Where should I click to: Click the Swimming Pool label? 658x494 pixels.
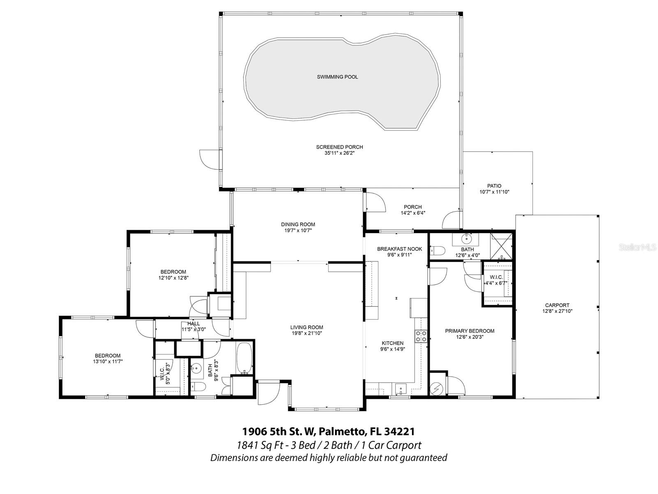[x=337, y=77]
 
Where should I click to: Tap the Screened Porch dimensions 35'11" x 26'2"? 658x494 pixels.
[x=339, y=153]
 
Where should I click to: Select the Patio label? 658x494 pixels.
[x=494, y=186]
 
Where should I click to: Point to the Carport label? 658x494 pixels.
[x=557, y=305]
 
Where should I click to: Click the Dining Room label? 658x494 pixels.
[x=298, y=224]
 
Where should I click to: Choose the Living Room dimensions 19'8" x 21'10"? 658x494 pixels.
[x=306, y=333]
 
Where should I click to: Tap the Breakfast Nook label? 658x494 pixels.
[x=399, y=249]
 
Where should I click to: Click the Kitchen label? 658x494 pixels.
[x=392, y=343]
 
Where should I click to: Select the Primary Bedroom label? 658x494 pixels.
[x=470, y=331]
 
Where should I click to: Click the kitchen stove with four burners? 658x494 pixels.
[x=421, y=336]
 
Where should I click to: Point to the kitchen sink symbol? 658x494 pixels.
[x=401, y=388]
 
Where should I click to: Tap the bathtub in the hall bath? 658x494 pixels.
[x=244, y=358]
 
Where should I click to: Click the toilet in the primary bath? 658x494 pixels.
[x=437, y=250]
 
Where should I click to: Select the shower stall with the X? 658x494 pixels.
[x=502, y=245]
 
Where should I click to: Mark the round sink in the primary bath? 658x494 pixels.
[x=467, y=238]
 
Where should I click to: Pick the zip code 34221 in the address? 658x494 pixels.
[x=399, y=431]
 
